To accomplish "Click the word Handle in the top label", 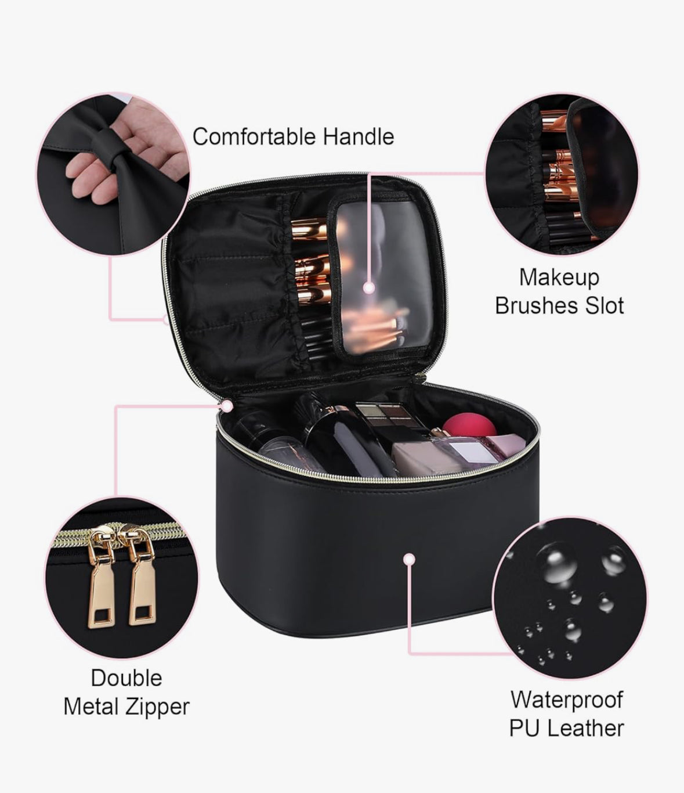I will pos(358,138).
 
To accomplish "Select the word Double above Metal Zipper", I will pos(126,678).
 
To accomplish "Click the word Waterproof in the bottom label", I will pos(566,700).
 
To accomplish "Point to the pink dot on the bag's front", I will pos(410,559).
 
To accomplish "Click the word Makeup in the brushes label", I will pos(559,277).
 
